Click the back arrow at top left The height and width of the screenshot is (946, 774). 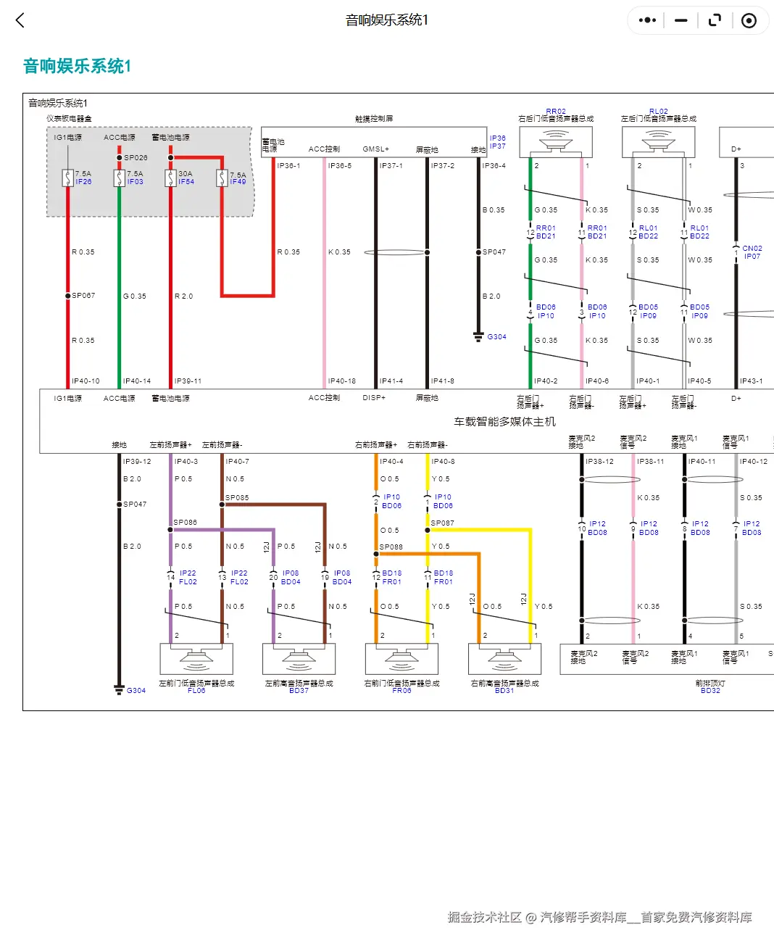click(20, 20)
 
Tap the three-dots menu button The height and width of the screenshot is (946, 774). click(647, 20)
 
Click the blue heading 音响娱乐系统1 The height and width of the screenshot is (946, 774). click(77, 66)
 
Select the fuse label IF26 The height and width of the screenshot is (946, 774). click(83, 182)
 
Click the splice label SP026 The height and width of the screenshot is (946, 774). click(136, 157)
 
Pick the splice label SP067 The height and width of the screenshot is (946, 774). click(83, 296)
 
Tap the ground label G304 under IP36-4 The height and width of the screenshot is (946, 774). click(496, 337)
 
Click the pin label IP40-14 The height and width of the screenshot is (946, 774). click(137, 381)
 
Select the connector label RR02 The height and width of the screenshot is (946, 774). click(556, 112)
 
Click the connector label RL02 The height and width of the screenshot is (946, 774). click(659, 112)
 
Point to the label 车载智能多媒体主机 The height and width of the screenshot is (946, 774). click(504, 421)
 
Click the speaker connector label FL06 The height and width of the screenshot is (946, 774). click(196, 691)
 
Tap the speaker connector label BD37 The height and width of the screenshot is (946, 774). click(299, 691)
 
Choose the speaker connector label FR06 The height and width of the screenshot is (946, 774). click(401, 691)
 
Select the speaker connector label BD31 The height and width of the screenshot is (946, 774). click(504, 691)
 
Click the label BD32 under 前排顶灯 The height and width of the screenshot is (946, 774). click(710, 691)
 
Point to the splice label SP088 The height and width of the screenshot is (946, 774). click(391, 547)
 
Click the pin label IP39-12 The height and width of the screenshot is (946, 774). click(137, 462)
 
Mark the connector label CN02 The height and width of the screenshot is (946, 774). click(752, 249)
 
